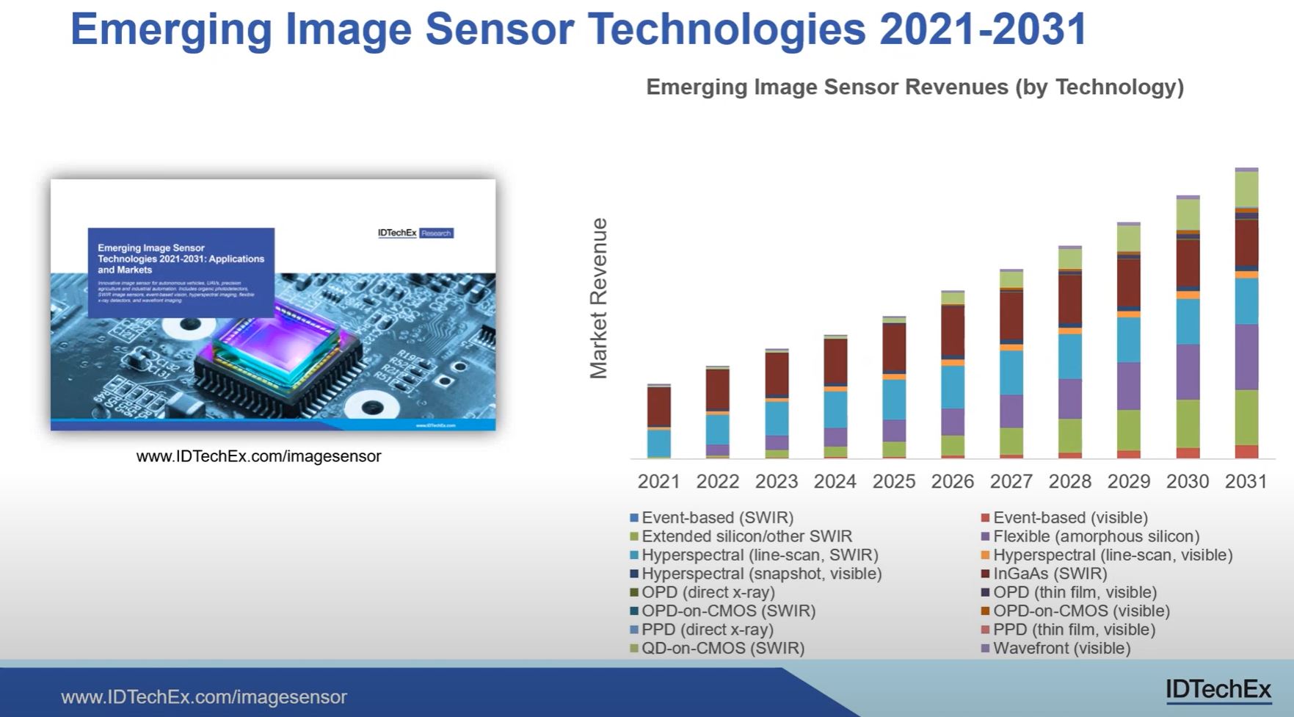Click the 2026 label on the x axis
point(952,481)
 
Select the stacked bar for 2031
point(1246,316)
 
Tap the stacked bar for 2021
point(659,422)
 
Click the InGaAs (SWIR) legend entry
point(1050,574)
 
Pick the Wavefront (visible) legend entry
point(1061,648)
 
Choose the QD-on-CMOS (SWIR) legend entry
point(722,648)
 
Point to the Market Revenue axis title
point(599,298)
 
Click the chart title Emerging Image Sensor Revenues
point(915,87)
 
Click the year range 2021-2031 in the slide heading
point(983,29)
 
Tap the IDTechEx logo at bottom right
point(1218,689)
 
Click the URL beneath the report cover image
point(258,456)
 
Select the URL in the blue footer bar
point(204,696)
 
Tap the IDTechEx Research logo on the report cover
point(415,233)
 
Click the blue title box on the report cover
point(181,272)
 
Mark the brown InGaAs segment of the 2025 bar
point(894,347)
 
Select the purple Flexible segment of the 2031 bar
point(1246,357)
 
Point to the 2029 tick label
point(1128,481)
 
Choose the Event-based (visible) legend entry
point(1069,518)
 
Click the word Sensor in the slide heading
point(499,29)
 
